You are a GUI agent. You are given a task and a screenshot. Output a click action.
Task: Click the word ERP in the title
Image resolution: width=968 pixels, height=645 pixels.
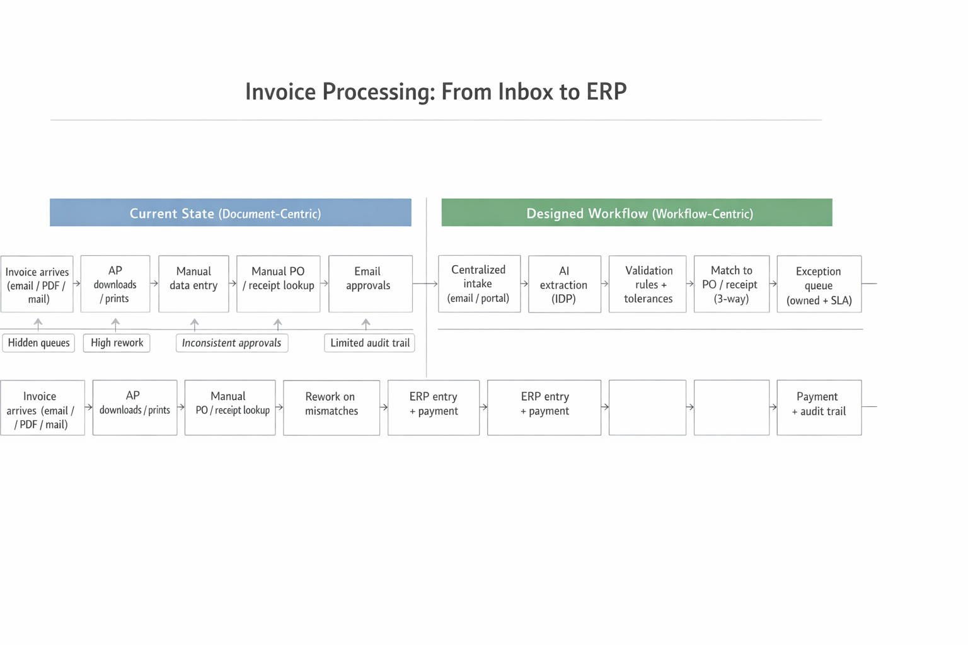[x=606, y=92]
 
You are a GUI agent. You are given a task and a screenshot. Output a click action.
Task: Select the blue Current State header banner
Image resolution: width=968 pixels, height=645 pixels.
[x=231, y=213]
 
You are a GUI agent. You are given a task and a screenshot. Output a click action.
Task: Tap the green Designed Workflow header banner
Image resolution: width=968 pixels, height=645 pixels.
[x=637, y=213]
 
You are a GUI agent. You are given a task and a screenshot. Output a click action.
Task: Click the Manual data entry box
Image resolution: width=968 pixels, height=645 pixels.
[x=193, y=283]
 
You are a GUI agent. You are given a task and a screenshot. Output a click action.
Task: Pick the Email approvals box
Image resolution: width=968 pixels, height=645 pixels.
[x=370, y=283]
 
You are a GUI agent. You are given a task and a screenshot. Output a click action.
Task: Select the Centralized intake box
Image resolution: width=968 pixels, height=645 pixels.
[x=479, y=283]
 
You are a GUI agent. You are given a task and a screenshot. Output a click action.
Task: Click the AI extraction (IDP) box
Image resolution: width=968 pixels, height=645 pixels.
[x=564, y=284]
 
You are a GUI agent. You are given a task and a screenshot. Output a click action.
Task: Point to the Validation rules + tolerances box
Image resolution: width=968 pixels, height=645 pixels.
[x=647, y=284]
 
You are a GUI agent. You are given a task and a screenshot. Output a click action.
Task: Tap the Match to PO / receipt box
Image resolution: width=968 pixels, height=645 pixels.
[x=731, y=284]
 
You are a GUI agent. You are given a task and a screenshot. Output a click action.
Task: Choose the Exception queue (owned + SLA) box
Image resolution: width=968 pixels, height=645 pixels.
[x=819, y=284]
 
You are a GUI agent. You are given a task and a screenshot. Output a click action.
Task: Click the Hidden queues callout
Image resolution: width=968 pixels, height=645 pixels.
[x=38, y=343]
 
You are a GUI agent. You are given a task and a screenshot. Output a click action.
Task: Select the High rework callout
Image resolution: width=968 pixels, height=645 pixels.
[x=117, y=343]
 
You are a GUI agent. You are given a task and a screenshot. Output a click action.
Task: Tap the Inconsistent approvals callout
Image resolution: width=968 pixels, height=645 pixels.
[x=231, y=343]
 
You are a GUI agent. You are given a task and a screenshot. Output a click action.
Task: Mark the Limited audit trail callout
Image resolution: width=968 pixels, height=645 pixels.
[x=369, y=343]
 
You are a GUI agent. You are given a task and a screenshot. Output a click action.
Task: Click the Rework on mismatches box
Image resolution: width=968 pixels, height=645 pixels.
[x=331, y=408]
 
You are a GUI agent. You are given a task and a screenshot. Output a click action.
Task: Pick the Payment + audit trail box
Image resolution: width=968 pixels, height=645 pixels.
[x=819, y=408]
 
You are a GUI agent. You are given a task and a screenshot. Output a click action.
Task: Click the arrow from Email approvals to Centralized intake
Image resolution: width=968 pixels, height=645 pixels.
[x=425, y=283]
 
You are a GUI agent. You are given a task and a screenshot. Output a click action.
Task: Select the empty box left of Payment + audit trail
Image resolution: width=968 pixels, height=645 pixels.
[x=731, y=408]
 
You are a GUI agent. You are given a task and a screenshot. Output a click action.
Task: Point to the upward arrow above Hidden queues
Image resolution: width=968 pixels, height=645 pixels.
[x=38, y=324]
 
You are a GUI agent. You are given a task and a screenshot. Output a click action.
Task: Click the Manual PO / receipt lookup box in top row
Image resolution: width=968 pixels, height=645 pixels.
[x=278, y=283]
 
